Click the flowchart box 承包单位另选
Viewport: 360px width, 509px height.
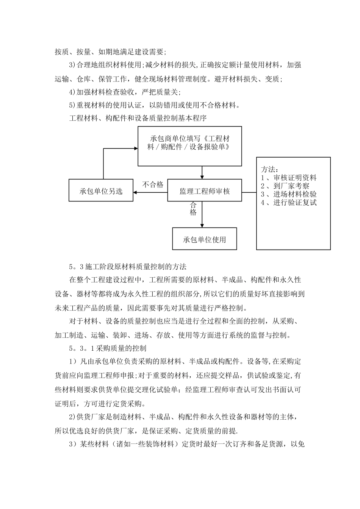[101, 191]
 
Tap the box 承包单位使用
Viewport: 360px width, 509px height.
[204, 239]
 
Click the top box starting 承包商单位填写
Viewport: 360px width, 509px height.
[189, 146]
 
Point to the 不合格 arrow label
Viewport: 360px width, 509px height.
[153, 184]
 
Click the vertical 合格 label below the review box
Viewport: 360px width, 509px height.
[193, 209]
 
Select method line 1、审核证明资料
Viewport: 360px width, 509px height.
[289, 178]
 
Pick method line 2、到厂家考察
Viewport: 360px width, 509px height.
[285, 186]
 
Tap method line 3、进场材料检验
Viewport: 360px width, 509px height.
[289, 194]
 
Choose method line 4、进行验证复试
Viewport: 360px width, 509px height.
[289, 203]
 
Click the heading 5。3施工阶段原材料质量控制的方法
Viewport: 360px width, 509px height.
[128, 267]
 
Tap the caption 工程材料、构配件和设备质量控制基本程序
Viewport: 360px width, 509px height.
[138, 118]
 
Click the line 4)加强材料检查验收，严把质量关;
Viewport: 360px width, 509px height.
[125, 92]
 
